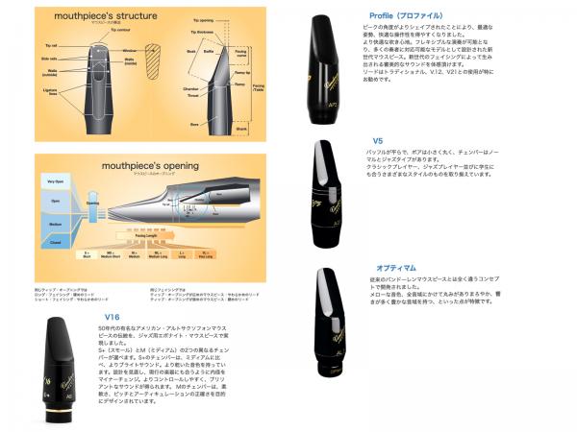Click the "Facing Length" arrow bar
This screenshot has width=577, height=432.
tap(191, 246)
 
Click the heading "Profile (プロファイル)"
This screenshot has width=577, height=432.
tap(404, 15)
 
